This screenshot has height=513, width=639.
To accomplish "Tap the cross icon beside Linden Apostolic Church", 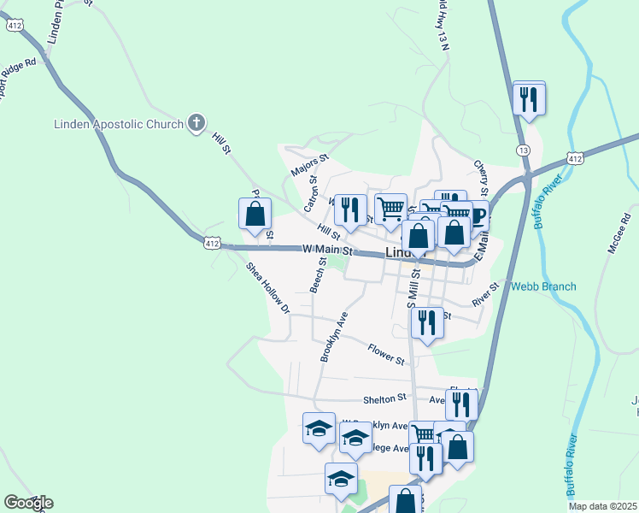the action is (196, 124).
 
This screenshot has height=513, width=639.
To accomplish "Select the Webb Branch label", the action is (543, 287).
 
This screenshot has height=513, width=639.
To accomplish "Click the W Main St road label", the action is (327, 251).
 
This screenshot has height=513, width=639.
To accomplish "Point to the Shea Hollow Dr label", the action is (268, 288).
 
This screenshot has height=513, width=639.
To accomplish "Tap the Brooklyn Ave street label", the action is (334, 337).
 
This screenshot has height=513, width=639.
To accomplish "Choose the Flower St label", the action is (386, 354).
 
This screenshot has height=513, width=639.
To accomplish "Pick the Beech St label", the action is (318, 274).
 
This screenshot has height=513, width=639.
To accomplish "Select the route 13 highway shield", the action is (523, 150).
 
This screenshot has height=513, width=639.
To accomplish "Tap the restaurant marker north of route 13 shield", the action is (529, 98).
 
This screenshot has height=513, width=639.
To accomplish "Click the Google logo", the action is (28, 503).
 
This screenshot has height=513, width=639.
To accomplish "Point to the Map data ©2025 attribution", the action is (603, 506).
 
